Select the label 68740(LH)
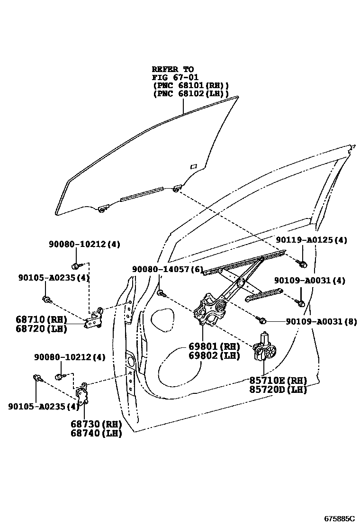[96, 433]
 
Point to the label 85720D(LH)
[278, 390]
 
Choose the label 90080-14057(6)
[167, 269]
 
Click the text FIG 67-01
[175, 77]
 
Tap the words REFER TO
[173, 69]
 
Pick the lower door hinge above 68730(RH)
[82, 393]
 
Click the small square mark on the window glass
[193, 166]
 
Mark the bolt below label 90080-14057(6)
[162, 293]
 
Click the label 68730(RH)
[96, 424]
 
